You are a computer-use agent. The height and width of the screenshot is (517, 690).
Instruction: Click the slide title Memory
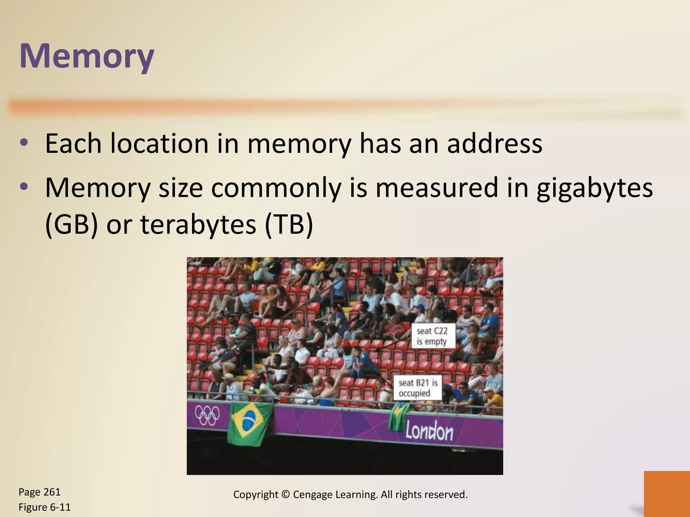point(87,56)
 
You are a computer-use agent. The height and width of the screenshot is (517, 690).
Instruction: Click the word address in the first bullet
point(495,143)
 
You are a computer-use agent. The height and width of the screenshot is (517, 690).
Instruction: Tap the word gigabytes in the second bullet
point(595,188)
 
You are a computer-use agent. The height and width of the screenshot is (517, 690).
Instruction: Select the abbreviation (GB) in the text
point(71,225)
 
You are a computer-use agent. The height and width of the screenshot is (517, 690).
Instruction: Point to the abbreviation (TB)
point(289,225)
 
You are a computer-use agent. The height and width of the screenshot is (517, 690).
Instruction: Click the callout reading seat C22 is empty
point(432,336)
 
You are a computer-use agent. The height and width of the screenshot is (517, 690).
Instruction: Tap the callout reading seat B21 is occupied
point(418,388)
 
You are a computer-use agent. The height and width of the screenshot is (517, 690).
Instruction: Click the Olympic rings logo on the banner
point(207,415)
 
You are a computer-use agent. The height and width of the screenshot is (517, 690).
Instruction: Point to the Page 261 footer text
point(39,492)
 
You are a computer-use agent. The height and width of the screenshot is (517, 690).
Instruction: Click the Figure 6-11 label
point(44,507)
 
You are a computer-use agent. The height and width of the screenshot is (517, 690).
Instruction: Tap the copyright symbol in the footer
point(285,494)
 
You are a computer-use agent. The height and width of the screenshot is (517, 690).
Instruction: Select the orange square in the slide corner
point(666,493)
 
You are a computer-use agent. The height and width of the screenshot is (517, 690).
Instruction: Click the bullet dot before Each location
point(24,143)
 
